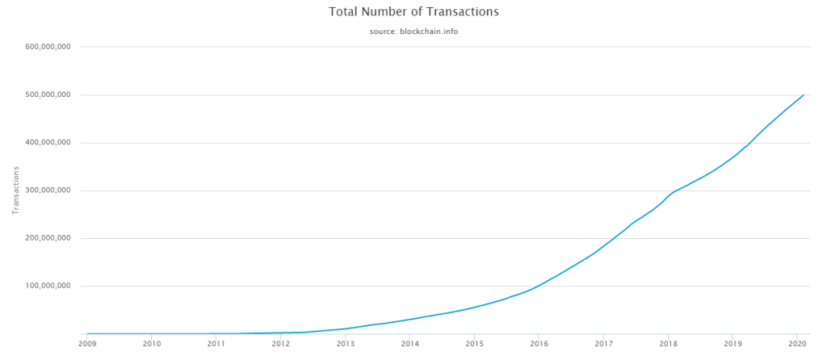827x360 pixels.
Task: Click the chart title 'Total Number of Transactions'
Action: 413,11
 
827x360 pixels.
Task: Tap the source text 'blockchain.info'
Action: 428,31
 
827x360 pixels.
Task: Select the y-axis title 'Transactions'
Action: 16,190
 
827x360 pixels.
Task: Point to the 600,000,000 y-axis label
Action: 48,47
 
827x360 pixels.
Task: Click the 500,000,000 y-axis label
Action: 48,95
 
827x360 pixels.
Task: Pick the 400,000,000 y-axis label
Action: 48,143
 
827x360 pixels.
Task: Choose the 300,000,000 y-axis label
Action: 48,190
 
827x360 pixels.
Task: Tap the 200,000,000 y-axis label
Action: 48,238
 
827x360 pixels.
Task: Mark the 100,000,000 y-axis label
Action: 48,287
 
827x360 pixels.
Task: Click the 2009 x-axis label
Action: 87,344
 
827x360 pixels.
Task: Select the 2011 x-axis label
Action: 216,344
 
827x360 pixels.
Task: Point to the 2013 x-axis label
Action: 346,344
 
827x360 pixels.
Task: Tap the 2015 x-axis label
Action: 474,344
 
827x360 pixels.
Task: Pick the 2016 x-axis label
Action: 539,344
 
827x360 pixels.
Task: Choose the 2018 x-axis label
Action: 668,344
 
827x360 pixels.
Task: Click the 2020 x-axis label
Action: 797,344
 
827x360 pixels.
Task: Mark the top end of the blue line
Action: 804,95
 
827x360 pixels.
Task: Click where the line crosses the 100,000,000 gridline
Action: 538,287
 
